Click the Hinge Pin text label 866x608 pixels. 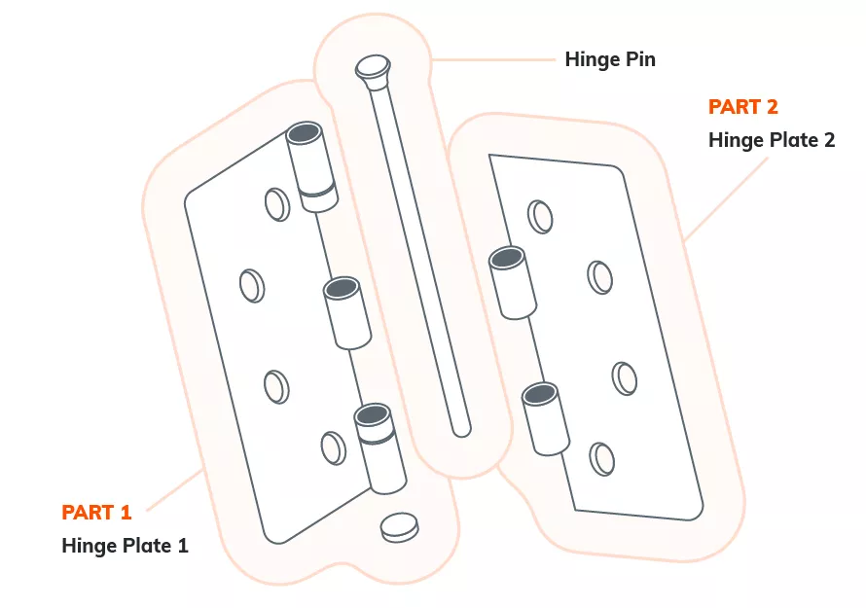click(610, 59)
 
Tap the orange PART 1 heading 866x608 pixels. click(96, 512)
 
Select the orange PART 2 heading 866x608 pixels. click(742, 107)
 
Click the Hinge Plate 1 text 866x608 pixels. click(125, 546)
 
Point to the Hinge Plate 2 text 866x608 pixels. click(772, 140)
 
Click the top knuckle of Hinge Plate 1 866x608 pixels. click(312, 166)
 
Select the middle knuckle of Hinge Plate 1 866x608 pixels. click(346, 313)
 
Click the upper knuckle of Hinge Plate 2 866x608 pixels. click(513, 283)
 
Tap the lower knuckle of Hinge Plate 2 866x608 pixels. click(546, 419)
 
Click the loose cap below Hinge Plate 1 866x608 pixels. click(399, 527)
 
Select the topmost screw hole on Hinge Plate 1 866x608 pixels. click(277, 204)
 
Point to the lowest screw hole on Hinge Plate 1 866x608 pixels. click(334, 447)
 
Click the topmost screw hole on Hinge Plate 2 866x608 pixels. click(540, 217)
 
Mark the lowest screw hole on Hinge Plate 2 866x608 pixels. click(602, 459)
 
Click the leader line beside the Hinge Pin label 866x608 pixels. click(493, 59)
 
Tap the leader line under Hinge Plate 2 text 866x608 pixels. click(726, 199)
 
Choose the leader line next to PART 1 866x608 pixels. click(174, 490)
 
